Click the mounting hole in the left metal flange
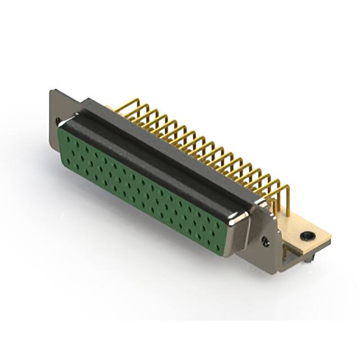pos(57,120)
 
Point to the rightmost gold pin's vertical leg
pos(288,205)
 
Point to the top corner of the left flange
pos(52,91)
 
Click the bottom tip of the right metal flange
pos(271,272)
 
